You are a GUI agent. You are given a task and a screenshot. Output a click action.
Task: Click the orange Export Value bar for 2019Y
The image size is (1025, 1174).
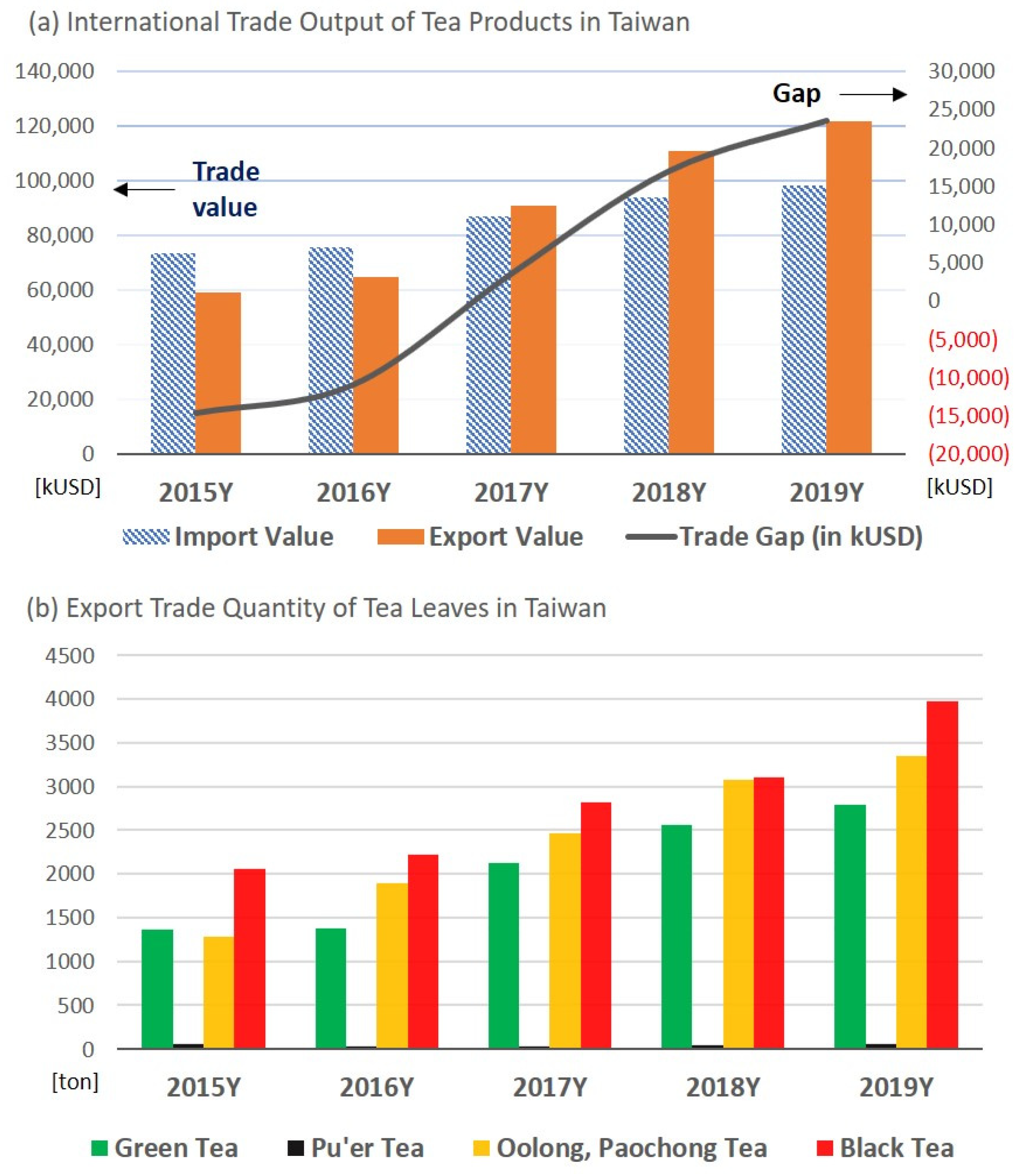point(849,287)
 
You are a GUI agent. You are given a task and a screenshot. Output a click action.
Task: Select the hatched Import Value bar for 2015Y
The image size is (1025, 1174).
point(173,353)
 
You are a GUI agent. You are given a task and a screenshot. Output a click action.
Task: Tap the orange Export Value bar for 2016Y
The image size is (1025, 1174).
point(376,365)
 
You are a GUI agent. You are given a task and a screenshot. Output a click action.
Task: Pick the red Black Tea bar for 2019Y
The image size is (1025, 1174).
point(942,875)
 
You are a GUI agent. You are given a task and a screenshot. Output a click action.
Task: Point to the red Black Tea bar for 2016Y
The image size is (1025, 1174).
point(423,951)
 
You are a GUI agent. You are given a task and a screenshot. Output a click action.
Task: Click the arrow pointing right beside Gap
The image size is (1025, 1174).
point(873,94)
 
